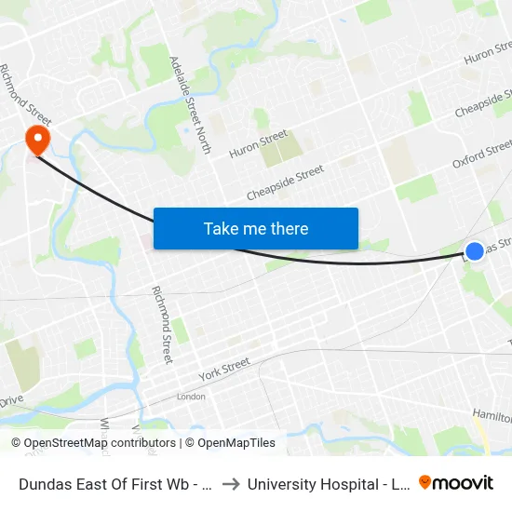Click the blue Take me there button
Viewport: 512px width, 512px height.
[x=256, y=228]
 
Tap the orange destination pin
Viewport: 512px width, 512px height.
[x=38, y=140]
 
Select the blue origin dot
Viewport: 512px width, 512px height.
[x=475, y=250]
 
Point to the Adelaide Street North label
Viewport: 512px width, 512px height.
[x=191, y=103]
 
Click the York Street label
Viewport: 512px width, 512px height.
[x=224, y=369]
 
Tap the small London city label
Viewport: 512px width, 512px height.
[x=191, y=397]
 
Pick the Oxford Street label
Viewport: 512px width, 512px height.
[x=482, y=155]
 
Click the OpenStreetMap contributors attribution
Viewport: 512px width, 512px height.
[x=99, y=443]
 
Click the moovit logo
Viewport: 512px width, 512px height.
[x=456, y=482]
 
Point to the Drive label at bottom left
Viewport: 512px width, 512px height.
[x=11, y=401]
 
